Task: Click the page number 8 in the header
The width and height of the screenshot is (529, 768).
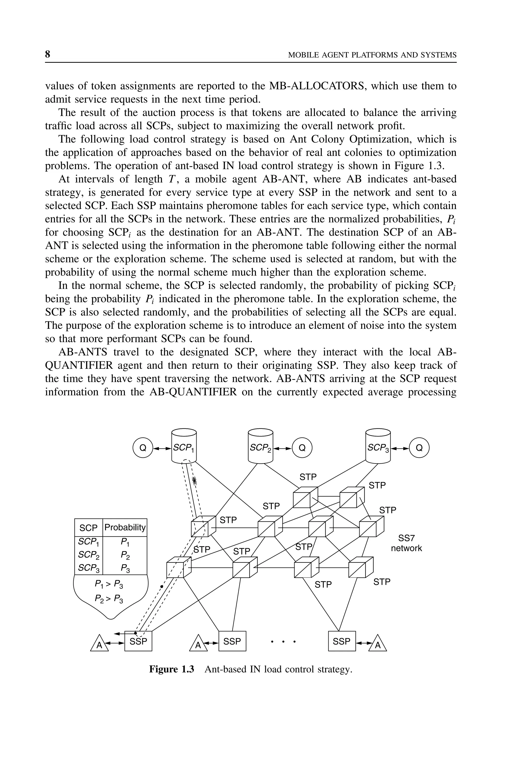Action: pos(47,54)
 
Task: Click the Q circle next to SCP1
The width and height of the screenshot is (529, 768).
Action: pos(143,448)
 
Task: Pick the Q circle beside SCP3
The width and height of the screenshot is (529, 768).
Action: pos(419,448)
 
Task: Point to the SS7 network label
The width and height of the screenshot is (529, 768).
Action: pos(406,543)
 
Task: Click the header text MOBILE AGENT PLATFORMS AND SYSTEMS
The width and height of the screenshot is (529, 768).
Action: pos(372,55)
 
